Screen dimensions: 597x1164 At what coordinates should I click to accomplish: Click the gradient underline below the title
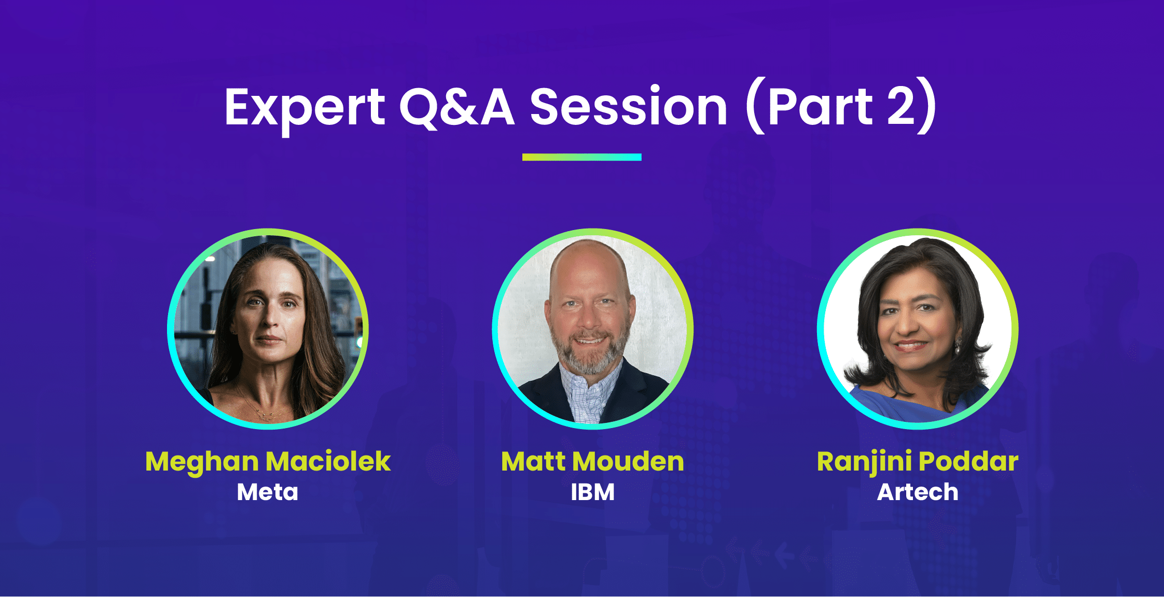point(581,157)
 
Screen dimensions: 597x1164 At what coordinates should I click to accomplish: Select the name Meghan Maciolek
point(268,461)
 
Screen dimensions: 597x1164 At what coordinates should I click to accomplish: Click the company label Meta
point(268,492)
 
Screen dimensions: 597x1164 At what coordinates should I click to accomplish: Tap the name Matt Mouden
point(592,461)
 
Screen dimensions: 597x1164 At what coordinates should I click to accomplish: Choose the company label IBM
point(592,492)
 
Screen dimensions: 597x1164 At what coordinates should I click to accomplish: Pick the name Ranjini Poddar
point(917,461)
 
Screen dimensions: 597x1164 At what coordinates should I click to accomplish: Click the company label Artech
point(917,492)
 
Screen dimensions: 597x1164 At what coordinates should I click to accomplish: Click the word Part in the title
point(820,108)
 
